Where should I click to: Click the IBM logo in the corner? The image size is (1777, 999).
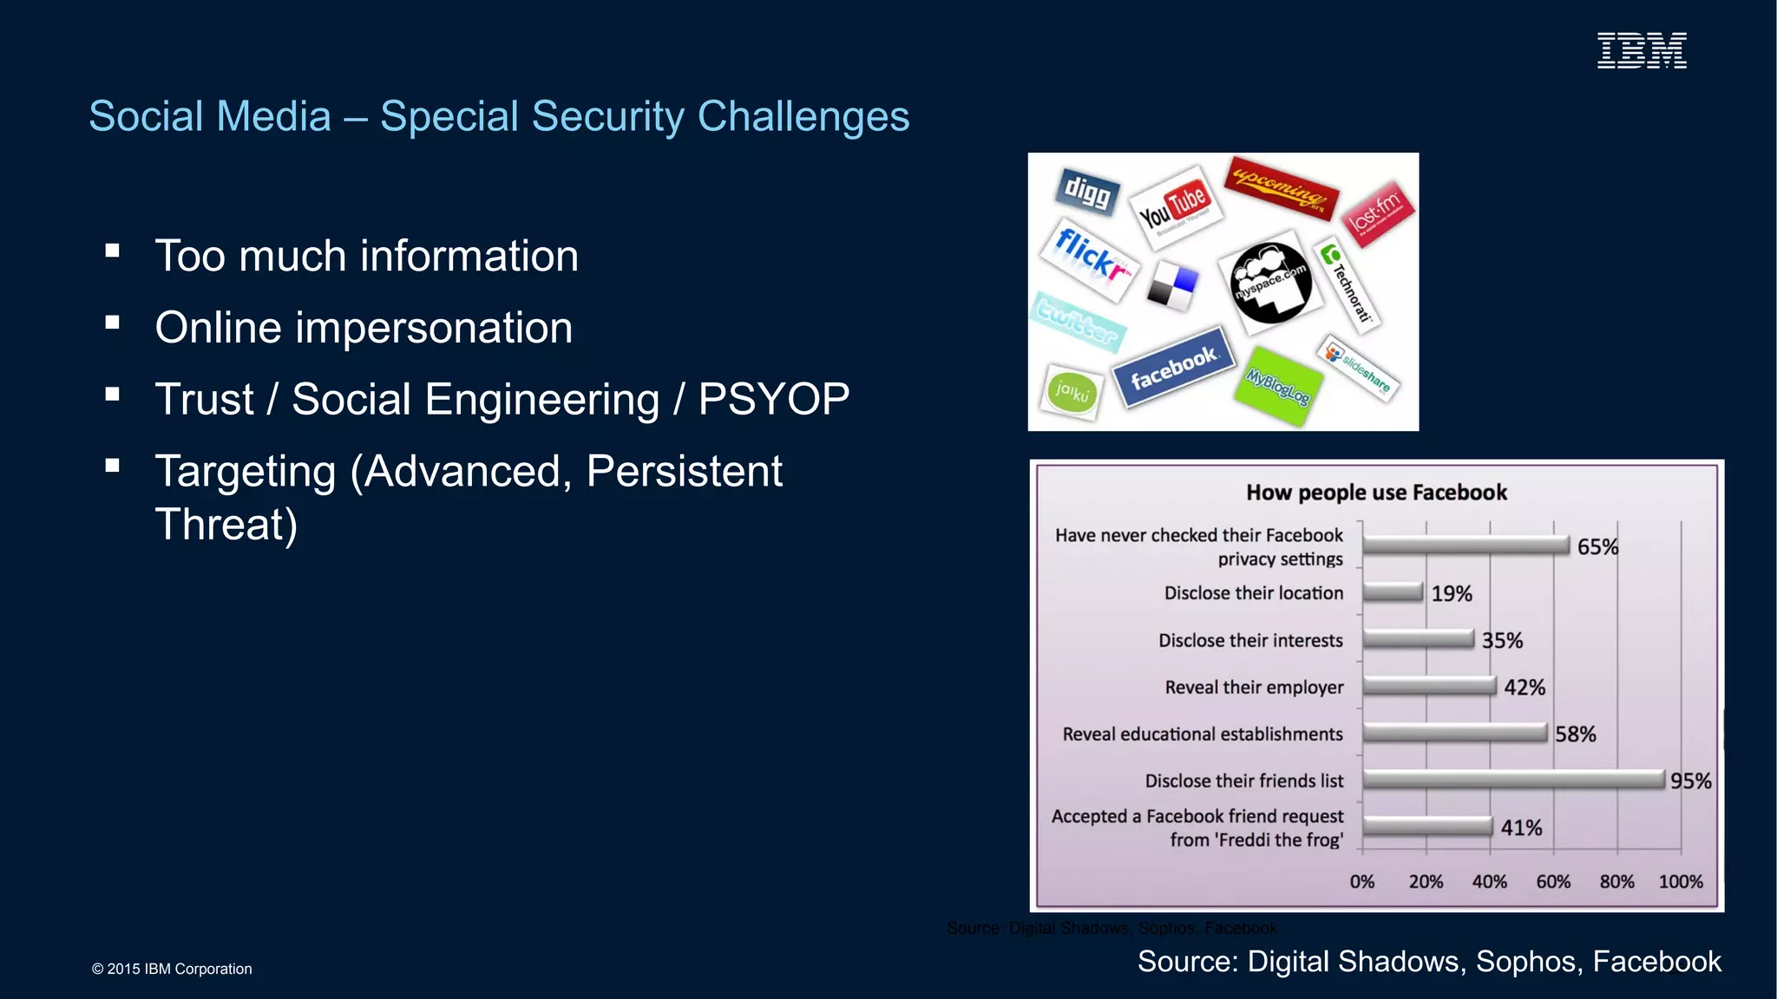coord(1642,51)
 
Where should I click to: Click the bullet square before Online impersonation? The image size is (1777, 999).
coord(112,323)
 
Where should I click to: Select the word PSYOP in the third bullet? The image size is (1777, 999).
coord(774,400)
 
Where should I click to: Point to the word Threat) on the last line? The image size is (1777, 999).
coord(226,525)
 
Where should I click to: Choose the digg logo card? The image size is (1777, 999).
coord(1087,191)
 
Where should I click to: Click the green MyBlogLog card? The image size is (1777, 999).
coord(1278,386)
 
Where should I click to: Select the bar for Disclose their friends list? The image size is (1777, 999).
coord(1513,780)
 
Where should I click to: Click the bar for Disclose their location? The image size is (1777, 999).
coord(1393,592)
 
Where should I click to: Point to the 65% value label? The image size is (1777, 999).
coord(1597,547)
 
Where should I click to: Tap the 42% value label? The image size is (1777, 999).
coord(1525,688)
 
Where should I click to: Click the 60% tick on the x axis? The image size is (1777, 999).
coord(1553,882)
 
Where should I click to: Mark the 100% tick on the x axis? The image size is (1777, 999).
coord(1681,882)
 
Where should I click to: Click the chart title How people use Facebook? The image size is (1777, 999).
coord(1376,493)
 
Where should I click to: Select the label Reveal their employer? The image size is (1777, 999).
coord(1254,688)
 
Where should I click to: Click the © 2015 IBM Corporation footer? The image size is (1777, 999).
coord(172,969)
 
